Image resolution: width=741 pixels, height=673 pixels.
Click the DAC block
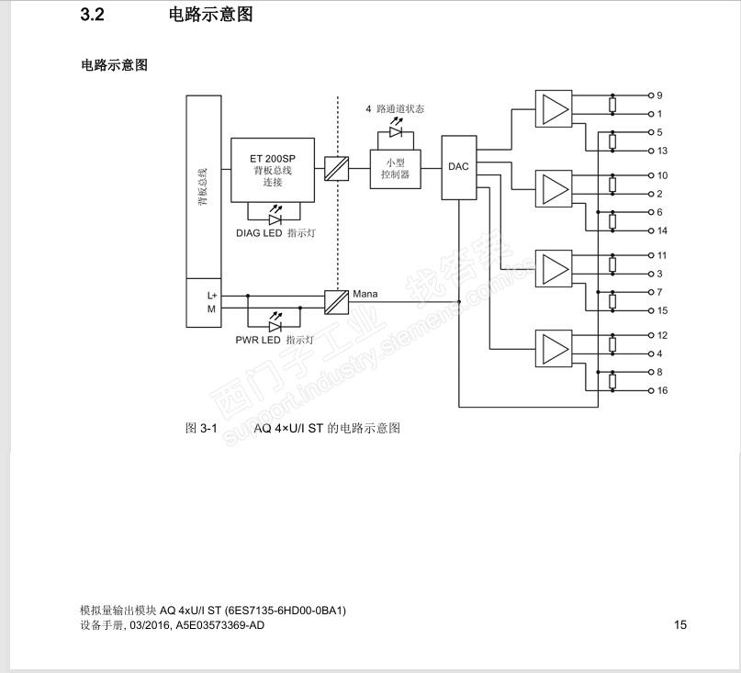pos(458,167)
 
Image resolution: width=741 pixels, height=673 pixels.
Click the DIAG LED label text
pos(259,233)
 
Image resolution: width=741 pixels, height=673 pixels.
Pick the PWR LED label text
pos(258,340)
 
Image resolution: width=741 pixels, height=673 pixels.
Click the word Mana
pos(365,295)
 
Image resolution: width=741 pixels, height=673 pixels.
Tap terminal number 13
pos(662,151)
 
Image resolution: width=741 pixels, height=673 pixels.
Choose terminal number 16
pos(662,390)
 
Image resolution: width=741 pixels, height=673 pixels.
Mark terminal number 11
pos(662,255)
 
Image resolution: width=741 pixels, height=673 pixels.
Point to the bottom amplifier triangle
pos(554,348)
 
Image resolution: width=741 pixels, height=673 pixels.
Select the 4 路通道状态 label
pos(395,108)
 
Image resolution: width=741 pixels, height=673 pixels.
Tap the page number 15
pos(680,625)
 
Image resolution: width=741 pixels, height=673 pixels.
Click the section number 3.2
pos(93,15)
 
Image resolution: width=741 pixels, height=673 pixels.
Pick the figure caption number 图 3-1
pos(200,428)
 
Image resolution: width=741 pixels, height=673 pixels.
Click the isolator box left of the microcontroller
pos(336,169)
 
